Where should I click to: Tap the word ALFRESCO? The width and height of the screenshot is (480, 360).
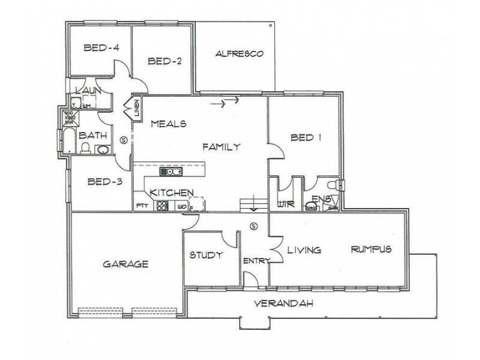(240, 54)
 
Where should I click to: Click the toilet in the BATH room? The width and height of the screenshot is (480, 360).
(86, 148)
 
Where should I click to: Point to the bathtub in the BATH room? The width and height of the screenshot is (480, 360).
(68, 140)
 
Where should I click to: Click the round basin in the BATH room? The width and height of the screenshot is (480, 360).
(103, 149)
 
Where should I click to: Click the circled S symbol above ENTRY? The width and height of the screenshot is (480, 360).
(253, 227)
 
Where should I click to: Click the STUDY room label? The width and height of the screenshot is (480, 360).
(206, 255)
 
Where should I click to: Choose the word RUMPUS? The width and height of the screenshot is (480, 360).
(371, 249)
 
